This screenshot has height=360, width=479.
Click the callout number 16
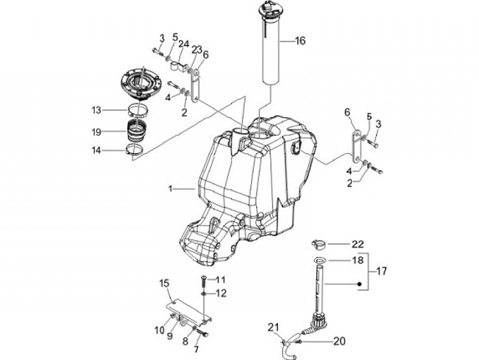pyautogui.click(x=300, y=41)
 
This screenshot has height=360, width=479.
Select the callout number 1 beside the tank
pyautogui.click(x=170, y=189)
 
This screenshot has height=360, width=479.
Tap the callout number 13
pyautogui.click(x=96, y=110)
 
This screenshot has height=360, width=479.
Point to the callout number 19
pyautogui.click(x=96, y=132)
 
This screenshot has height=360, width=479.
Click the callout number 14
pyautogui.click(x=96, y=150)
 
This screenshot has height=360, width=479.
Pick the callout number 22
pyautogui.click(x=358, y=244)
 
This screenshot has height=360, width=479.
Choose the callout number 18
pyautogui.click(x=358, y=260)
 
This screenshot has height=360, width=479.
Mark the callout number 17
pyautogui.click(x=381, y=271)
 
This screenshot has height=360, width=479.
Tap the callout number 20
pyautogui.click(x=339, y=341)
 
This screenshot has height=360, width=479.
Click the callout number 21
pyautogui.click(x=273, y=327)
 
